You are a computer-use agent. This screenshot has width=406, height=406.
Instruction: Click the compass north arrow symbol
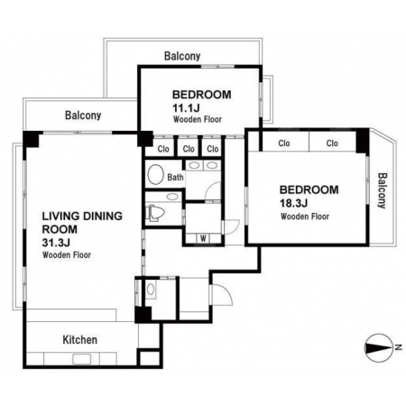378,347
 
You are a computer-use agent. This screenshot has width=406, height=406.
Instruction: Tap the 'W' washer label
203,239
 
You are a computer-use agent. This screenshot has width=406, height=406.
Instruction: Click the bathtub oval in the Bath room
155,174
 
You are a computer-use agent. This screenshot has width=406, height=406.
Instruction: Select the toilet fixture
155,213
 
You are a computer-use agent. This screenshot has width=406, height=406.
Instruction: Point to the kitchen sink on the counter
82,359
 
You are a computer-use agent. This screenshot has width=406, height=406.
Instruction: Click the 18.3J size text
293,203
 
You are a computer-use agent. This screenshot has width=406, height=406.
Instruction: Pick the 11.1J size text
186,107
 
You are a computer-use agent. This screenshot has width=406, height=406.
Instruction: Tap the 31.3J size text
56,243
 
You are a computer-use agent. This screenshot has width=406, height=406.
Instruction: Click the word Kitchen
80,340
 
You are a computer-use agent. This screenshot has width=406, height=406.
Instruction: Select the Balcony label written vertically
382,190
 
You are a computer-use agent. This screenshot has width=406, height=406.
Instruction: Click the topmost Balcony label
182,56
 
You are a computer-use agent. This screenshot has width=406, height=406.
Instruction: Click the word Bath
175,178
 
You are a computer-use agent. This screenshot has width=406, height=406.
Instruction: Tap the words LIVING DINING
82,216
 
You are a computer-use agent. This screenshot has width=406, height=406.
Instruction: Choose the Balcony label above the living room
83,115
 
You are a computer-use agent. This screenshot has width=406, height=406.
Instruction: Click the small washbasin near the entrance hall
151,290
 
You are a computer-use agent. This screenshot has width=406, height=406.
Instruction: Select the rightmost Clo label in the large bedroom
332,143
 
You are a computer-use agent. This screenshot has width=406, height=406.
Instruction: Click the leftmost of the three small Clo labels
163,149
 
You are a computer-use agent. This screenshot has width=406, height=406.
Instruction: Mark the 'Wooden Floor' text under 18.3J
305,217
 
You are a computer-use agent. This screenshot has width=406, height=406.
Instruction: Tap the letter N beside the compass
398,347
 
